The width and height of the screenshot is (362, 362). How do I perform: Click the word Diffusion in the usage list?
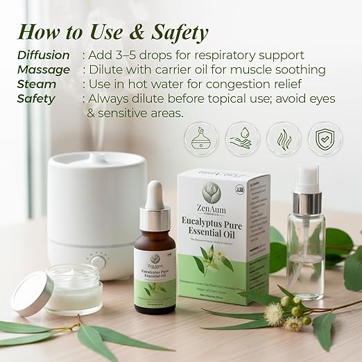click(44, 55)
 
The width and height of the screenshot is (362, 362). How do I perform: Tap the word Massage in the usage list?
click(44, 69)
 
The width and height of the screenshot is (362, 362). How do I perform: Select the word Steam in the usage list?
click(37, 84)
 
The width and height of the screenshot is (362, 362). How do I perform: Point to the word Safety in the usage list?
click(36, 98)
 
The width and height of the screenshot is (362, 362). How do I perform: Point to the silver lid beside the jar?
click(32, 292)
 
